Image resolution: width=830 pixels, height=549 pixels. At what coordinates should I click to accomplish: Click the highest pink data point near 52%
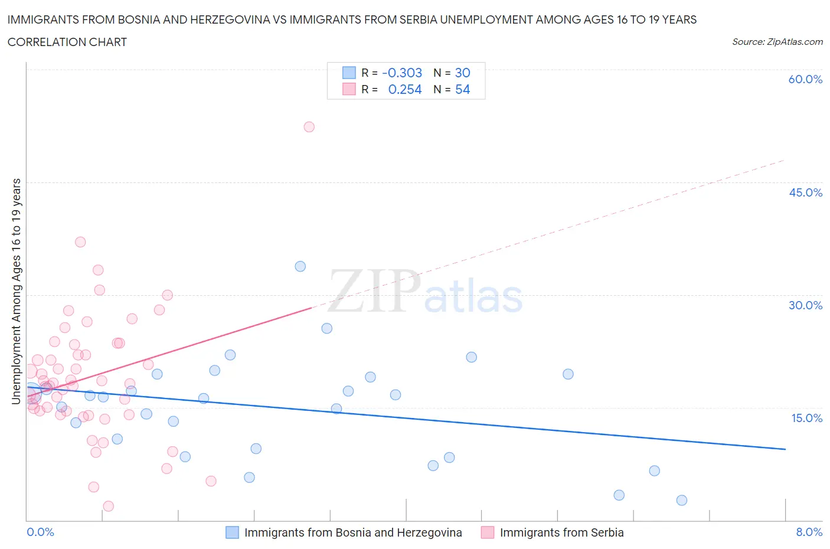tap(309, 127)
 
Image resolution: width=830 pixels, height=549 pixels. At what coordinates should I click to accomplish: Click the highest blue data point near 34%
tap(300, 266)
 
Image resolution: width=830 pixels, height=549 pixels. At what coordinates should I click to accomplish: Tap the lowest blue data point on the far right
tap(681, 500)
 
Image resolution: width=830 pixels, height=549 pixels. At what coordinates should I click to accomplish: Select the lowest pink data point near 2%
tap(108, 506)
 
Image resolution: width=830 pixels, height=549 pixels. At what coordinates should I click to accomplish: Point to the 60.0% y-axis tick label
tap(805, 79)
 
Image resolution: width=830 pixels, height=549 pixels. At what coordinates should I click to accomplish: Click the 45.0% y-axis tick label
tap(805, 192)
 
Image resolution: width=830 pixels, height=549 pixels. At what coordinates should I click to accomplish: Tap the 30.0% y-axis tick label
tap(805, 305)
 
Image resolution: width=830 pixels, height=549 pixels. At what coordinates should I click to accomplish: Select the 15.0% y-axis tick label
tap(805, 418)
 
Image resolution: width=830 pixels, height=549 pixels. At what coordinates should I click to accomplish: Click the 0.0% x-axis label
tap(40, 532)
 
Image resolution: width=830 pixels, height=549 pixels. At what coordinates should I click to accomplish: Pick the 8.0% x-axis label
tap(809, 532)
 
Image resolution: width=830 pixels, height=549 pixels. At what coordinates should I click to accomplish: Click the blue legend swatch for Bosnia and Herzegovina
tap(233, 532)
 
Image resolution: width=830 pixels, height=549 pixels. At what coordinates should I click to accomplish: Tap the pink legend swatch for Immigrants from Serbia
tap(488, 532)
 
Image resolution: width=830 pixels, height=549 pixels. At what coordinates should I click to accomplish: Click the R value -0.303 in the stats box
tap(402, 73)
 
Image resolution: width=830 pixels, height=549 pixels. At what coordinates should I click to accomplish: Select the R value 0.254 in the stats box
tap(404, 89)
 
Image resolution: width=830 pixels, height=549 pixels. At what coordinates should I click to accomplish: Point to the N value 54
tap(462, 89)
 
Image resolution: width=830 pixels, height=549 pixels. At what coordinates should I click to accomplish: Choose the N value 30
tap(462, 73)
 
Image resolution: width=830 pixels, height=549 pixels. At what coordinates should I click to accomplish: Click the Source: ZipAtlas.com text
tap(777, 41)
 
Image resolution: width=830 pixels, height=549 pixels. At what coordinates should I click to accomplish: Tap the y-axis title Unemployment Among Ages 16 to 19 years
tap(16, 291)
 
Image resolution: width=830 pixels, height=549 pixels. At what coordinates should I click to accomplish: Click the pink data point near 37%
tap(80, 242)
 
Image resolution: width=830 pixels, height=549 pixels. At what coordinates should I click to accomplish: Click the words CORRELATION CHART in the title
tap(67, 42)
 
